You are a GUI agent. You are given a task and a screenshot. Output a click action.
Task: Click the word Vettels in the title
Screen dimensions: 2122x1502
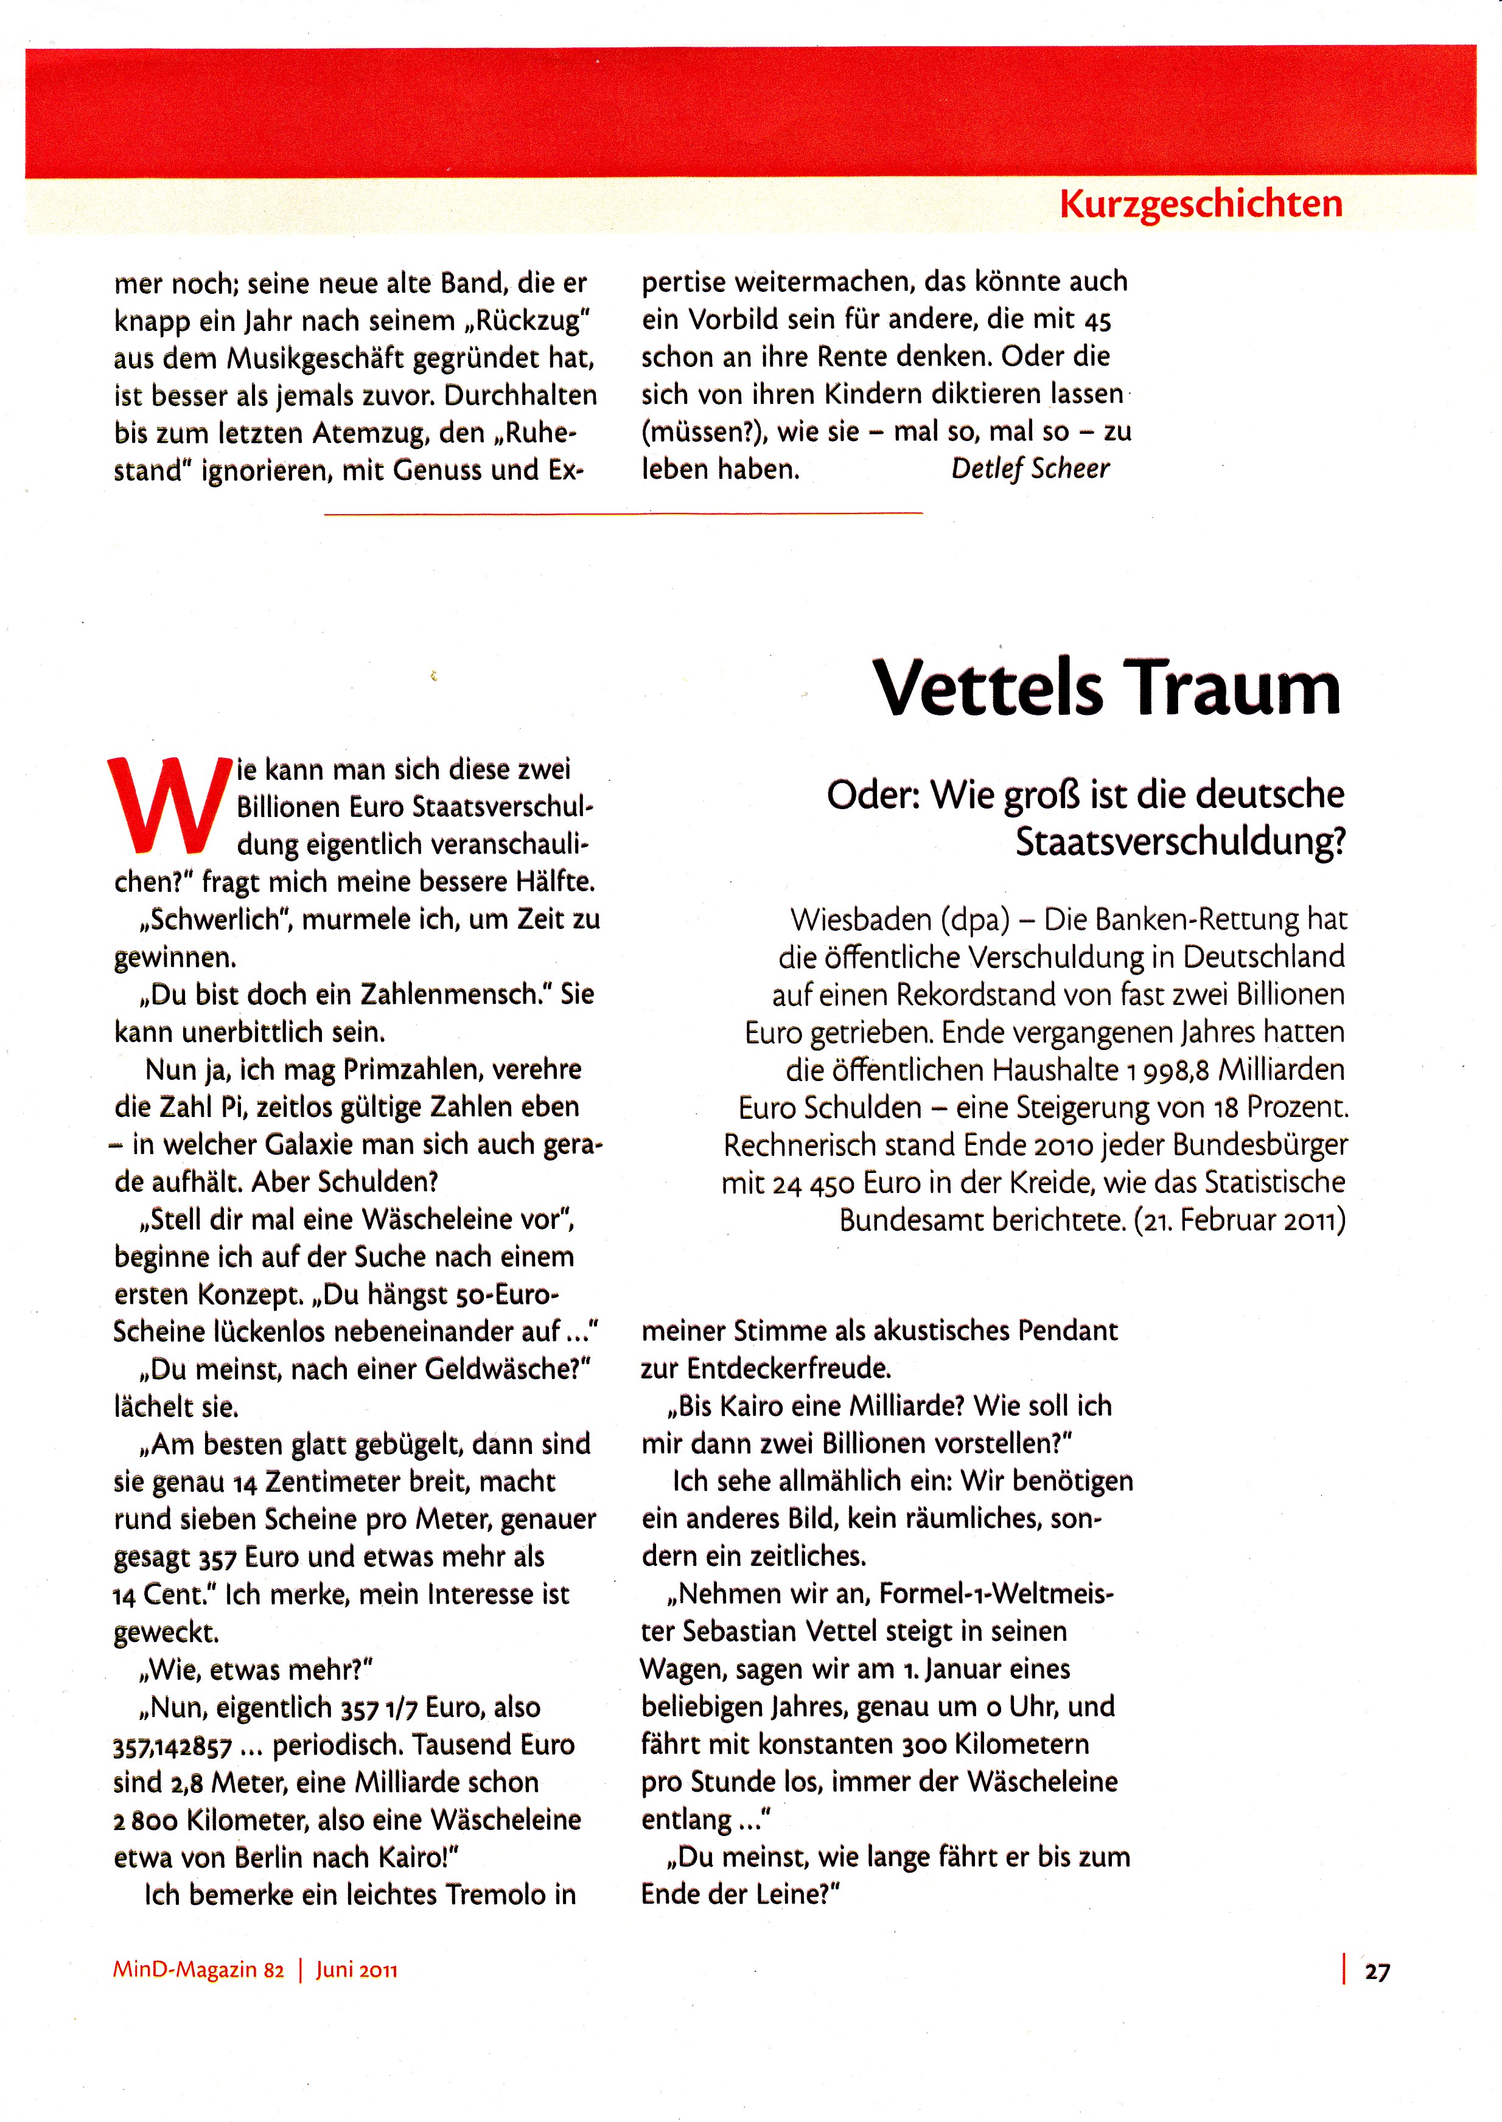coord(988,688)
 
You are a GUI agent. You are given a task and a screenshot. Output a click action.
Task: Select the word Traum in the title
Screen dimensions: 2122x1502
coord(1237,688)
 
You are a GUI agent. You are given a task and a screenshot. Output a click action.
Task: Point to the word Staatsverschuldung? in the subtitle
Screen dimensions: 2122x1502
coord(1180,841)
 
